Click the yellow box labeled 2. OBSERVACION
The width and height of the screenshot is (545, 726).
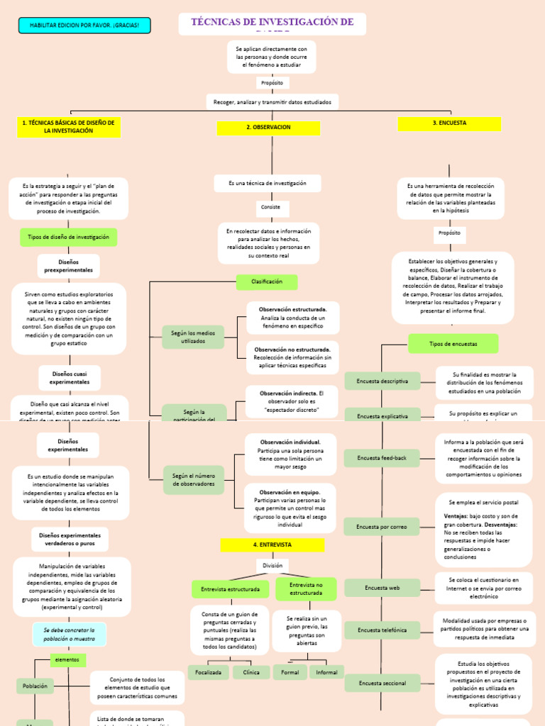point(268,128)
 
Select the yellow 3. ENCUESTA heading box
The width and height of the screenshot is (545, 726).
point(449,123)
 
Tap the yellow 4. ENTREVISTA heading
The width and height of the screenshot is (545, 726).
point(272,544)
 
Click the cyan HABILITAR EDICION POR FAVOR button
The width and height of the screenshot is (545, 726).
point(84,26)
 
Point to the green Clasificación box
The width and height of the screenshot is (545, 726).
point(267,281)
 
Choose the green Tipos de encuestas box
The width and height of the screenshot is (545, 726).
point(453,344)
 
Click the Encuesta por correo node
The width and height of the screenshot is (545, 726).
point(382,527)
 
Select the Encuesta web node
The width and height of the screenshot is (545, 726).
point(382,588)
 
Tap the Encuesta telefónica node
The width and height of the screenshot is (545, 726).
point(382,630)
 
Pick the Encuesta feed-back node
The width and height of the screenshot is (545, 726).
point(382,458)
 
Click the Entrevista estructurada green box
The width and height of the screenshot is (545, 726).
point(230,589)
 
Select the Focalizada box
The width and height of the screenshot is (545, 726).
point(209,672)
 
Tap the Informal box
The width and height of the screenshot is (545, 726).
point(326,672)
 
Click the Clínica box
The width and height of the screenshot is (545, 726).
point(251,672)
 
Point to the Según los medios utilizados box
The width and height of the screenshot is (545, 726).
point(193,337)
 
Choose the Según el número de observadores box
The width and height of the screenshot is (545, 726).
point(193,479)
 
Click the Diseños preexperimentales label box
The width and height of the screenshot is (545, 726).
point(69,266)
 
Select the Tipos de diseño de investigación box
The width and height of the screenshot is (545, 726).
point(69,237)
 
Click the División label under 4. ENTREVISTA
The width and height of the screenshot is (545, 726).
point(272,566)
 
